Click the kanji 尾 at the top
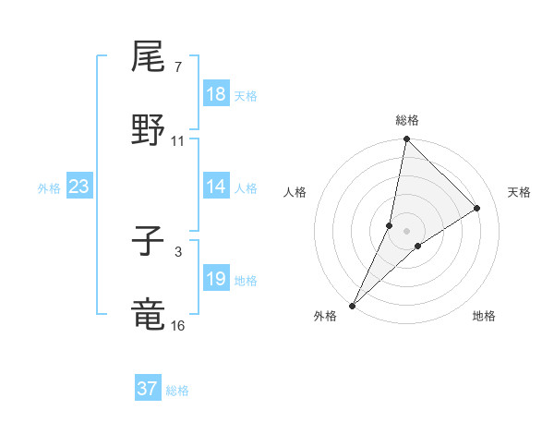tap(149, 58)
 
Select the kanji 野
tap(149, 131)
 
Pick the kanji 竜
tap(149, 315)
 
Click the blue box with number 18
tap(216, 94)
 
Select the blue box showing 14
tap(216, 187)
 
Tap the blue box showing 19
tap(216, 279)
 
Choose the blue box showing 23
tap(79, 187)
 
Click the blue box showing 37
tap(148, 389)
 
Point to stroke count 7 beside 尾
tap(177, 66)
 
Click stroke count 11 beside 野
tap(178, 140)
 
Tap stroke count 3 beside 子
tap(177, 251)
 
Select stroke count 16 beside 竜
tap(178, 325)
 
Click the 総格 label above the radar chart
tap(407, 120)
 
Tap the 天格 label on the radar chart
tap(519, 192)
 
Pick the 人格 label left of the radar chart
tap(295, 192)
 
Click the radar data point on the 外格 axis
tap(353, 305)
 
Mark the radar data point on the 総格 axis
tap(407, 140)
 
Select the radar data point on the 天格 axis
tap(477, 208)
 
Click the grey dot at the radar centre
tap(407, 231)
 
